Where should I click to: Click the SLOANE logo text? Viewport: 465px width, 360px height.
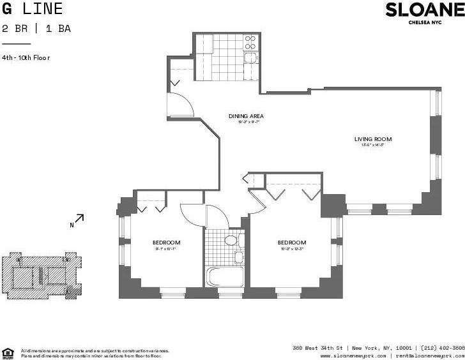[x=425, y=10]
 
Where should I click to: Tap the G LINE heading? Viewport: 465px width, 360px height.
[x=33, y=9]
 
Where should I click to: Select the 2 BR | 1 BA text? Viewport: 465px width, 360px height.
[x=35, y=28]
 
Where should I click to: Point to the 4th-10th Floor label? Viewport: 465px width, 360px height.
[x=26, y=58]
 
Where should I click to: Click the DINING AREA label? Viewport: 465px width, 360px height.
[x=246, y=116]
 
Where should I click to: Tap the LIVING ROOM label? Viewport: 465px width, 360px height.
[x=373, y=139]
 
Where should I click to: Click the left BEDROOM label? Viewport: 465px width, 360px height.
[x=166, y=243]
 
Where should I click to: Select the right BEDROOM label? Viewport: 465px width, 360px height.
[x=291, y=243]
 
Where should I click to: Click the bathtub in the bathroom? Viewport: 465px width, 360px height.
[x=225, y=276]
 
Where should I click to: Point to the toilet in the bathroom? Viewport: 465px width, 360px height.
[x=231, y=241]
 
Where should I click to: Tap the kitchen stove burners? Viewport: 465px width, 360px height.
[x=250, y=42]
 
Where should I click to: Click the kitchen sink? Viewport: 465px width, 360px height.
[x=250, y=58]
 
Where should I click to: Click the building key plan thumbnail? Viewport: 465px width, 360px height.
[x=42, y=275]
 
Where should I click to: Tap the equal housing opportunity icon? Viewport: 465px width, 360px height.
[x=8, y=353]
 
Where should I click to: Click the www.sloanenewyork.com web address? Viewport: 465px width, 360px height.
[x=353, y=356]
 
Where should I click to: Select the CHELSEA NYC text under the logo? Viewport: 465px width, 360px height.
[x=425, y=22]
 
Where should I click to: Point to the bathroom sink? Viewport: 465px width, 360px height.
[x=238, y=257]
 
